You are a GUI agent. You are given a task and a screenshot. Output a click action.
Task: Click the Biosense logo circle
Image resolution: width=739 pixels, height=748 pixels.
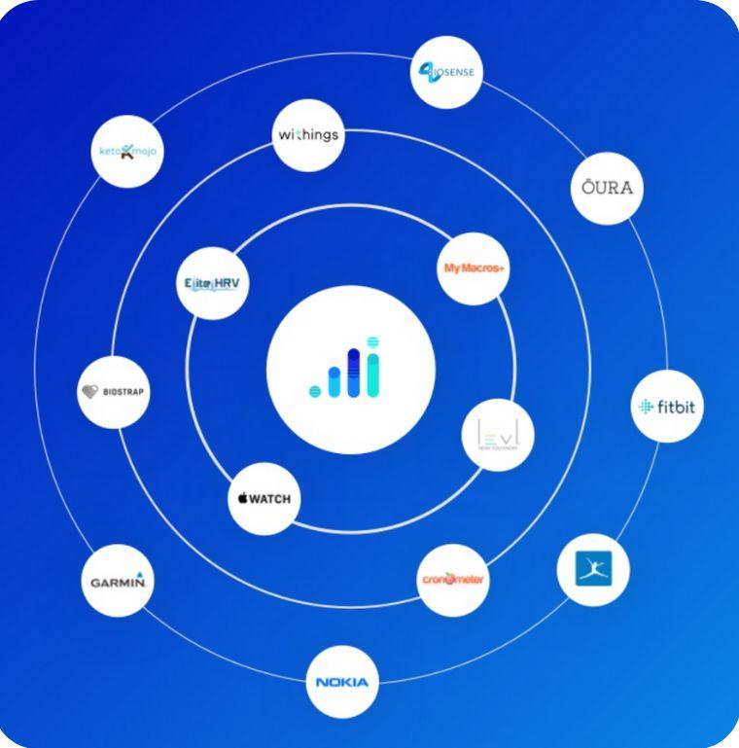(x=446, y=72)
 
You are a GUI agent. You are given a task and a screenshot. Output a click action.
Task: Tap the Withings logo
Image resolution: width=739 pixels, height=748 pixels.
(x=308, y=135)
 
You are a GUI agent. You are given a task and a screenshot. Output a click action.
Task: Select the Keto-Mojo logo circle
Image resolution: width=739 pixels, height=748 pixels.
(x=127, y=151)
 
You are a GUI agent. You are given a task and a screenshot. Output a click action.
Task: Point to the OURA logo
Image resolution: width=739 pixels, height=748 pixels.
(x=607, y=188)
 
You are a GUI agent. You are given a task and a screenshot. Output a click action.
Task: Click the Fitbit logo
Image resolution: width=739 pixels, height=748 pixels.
(x=666, y=407)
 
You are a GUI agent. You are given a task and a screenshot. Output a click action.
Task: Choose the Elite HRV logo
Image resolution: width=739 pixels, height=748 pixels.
(x=213, y=283)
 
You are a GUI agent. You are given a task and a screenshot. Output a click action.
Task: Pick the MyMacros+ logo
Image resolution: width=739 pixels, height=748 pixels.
(x=474, y=267)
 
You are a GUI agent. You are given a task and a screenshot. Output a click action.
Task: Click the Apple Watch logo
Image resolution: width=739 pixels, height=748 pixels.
(x=264, y=499)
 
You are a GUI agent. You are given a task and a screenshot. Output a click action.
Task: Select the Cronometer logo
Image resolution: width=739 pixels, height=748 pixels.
(x=453, y=580)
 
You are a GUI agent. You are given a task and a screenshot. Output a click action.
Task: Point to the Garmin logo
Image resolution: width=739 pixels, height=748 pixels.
(x=118, y=581)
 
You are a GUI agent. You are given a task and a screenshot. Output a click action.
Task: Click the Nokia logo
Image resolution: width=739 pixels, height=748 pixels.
(x=341, y=682)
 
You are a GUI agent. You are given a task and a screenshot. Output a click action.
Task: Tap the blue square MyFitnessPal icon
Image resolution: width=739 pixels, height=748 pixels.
(x=592, y=569)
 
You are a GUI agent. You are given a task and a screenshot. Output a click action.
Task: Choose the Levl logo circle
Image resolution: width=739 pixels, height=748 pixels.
(x=497, y=435)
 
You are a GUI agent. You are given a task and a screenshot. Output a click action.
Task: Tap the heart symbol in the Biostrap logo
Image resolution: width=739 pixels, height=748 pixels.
(x=90, y=392)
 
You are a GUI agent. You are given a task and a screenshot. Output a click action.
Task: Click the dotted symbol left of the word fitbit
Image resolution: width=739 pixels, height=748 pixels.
(x=646, y=407)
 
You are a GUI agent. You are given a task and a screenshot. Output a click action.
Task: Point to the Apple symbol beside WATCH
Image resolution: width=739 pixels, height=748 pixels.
(x=242, y=499)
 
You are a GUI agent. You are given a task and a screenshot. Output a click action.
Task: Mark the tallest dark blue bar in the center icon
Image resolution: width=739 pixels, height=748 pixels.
(x=354, y=373)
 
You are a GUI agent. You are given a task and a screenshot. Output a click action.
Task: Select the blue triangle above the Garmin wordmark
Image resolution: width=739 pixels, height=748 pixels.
(x=140, y=574)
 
